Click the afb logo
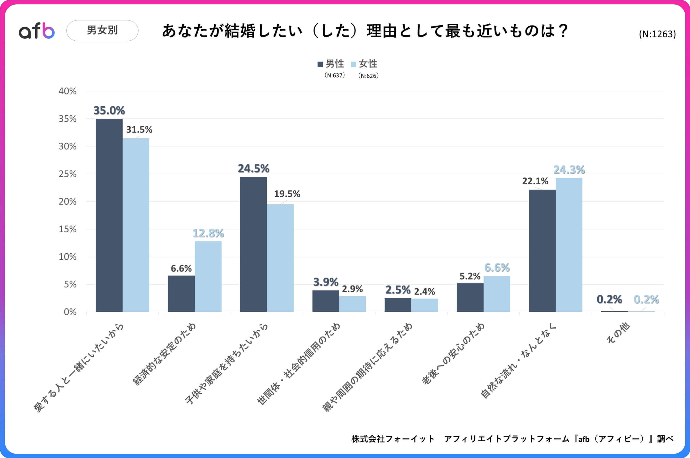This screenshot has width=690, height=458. click(37, 31)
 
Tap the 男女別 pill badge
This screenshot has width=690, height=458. click(102, 30)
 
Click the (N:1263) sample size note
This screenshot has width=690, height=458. click(657, 34)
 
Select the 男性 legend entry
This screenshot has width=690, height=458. click(331, 64)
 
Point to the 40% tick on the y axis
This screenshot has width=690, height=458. click(68, 91)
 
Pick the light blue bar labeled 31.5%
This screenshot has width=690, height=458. click(136, 225)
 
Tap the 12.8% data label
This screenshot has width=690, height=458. click(208, 233)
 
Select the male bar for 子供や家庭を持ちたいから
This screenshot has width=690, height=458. click(253, 244)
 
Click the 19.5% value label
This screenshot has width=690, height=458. click(287, 194)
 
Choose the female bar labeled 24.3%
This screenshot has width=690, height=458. click(569, 245)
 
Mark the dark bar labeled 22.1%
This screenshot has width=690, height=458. click(542, 251)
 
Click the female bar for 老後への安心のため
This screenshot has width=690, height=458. click(497, 293)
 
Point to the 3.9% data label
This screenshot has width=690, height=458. click(325, 282)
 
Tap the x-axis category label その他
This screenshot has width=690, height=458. click(618, 333)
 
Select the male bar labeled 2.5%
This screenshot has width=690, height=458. click(398, 305)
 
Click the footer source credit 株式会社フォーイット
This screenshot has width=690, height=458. click(393, 439)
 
